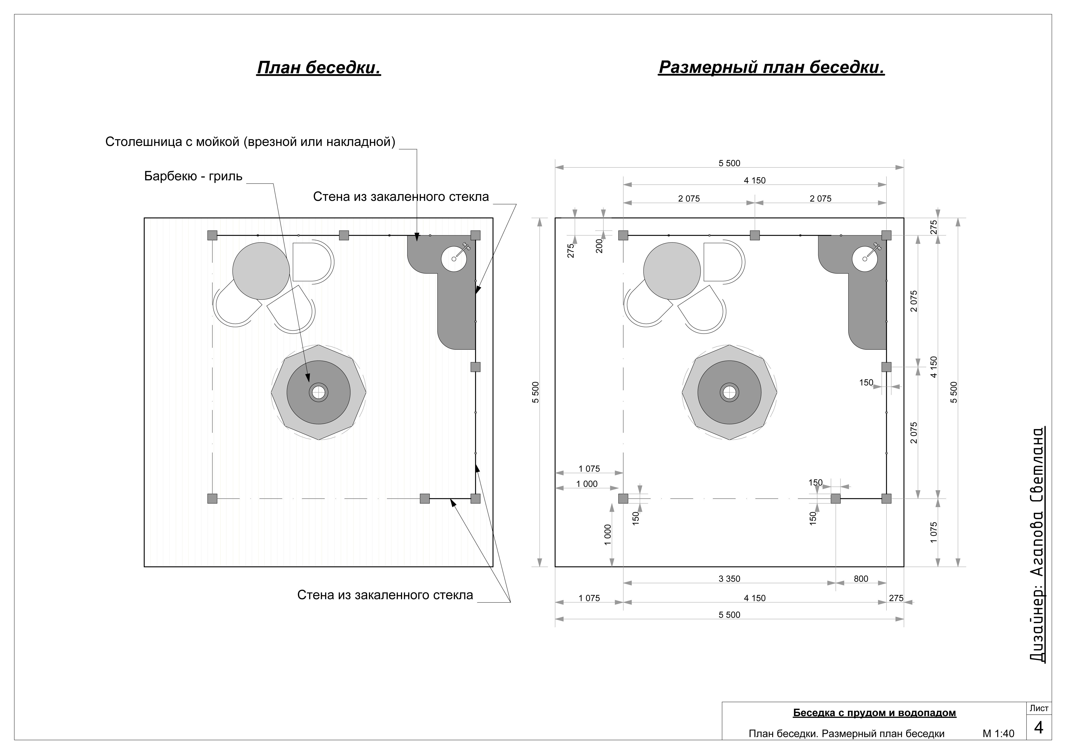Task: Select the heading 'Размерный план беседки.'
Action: click(x=771, y=68)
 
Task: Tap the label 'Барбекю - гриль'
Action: click(x=193, y=176)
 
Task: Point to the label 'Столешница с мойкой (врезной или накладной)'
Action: click(x=250, y=142)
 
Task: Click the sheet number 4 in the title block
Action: click(x=1039, y=728)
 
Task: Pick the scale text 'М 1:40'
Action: click(x=998, y=734)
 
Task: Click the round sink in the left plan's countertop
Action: click(x=454, y=259)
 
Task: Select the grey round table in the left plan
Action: click(x=261, y=271)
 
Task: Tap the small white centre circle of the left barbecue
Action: click(x=318, y=392)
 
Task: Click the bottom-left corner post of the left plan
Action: click(x=212, y=499)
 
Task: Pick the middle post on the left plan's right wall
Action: click(x=476, y=367)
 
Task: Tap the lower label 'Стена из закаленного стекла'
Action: click(x=385, y=595)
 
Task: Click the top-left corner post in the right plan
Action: click(x=623, y=235)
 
